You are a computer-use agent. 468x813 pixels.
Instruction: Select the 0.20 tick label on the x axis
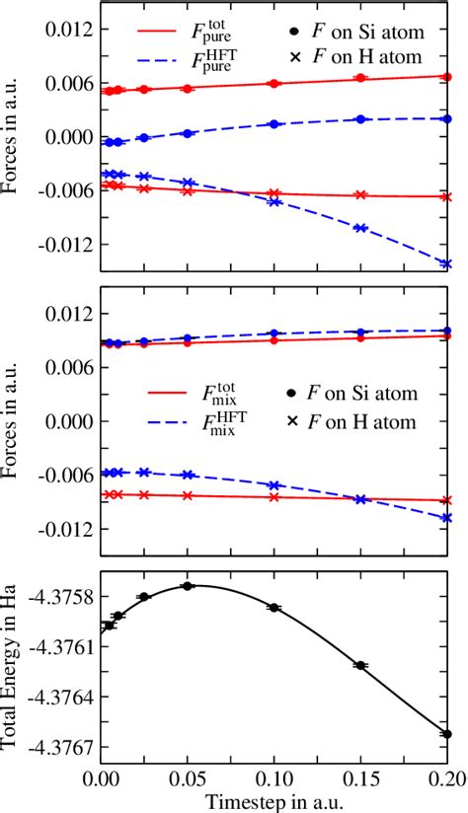click(x=447, y=776)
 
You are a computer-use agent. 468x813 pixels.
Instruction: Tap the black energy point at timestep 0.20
click(x=447, y=734)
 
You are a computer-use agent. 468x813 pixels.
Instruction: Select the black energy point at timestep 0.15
click(x=360, y=666)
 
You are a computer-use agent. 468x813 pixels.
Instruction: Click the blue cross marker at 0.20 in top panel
click(x=447, y=263)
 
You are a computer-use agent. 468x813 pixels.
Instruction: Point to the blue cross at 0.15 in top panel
click(x=360, y=228)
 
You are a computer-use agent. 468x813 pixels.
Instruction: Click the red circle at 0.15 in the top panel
click(x=360, y=78)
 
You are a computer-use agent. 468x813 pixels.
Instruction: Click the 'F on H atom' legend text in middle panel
click(x=374, y=421)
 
